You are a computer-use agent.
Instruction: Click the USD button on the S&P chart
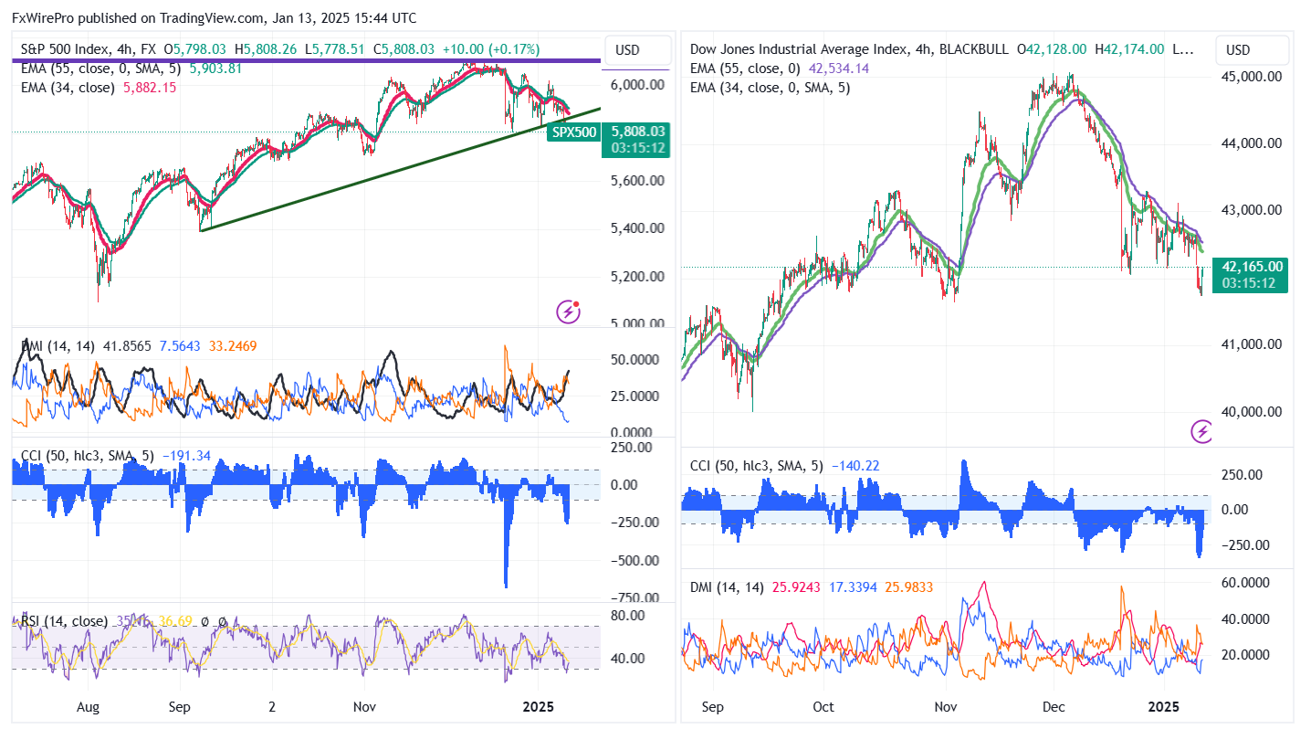pyautogui.click(x=627, y=49)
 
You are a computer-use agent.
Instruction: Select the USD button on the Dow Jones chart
pyautogui.click(x=1238, y=49)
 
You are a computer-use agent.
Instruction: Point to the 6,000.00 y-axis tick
pyautogui.click(x=637, y=85)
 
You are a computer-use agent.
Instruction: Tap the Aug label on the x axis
pyautogui.click(x=88, y=707)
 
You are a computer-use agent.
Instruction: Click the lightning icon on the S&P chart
pyautogui.click(x=569, y=312)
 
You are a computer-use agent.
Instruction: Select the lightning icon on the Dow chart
pyautogui.click(x=1202, y=431)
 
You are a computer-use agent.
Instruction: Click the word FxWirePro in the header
pyautogui.click(x=42, y=18)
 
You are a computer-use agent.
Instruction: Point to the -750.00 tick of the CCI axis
pyautogui.click(x=632, y=598)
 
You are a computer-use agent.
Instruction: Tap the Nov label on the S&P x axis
pyautogui.click(x=365, y=707)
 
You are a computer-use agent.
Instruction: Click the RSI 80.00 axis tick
pyautogui.click(x=628, y=615)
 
